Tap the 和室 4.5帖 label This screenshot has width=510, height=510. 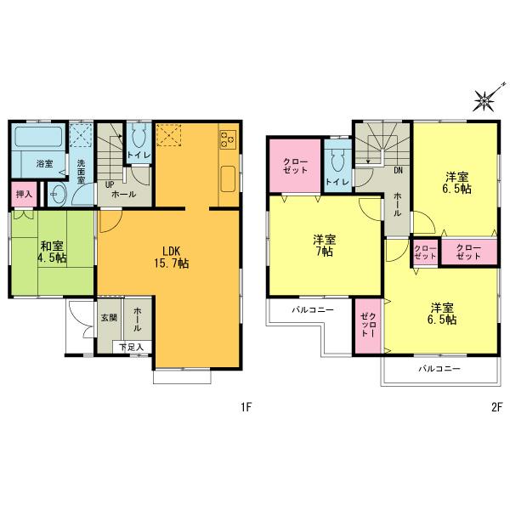pyautogui.click(x=52, y=252)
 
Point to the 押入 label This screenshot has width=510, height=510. pyautogui.click(x=24, y=195)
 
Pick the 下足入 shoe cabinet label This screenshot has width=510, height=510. pyautogui.click(x=131, y=347)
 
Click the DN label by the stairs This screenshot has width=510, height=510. pyautogui.click(x=398, y=169)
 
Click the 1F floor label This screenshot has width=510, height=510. pyautogui.click(x=246, y=407)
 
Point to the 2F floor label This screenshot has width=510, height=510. pyautogui.click(x=496, y=407)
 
